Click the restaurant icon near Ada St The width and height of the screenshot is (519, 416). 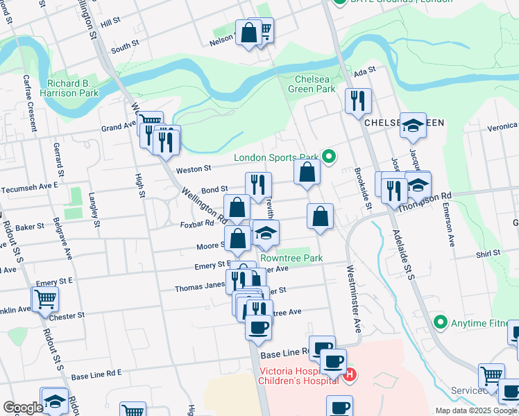[358, 101]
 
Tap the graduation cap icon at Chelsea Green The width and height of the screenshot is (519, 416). [413, 125]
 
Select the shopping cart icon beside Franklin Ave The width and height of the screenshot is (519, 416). [45, 299]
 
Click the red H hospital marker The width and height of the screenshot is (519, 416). [350, 375]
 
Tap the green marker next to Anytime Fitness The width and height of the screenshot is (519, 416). [439, 322]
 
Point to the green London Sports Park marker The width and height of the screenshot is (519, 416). [330, 157]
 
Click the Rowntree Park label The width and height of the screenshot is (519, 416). [291, 258]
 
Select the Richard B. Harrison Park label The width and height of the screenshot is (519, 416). [73, 88]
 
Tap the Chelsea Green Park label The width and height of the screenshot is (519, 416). [316, 85]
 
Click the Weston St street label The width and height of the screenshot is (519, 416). [193, 168]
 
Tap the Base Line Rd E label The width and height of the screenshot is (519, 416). [96, 374]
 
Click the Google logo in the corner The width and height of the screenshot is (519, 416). [22, 408]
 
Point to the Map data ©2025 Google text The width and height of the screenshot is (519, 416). [475, 410]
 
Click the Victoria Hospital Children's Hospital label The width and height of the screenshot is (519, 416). [300, 375]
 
